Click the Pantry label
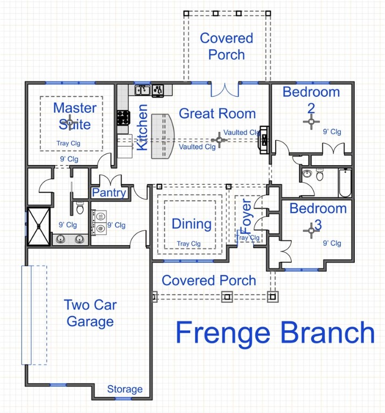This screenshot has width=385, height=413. coord(109,193)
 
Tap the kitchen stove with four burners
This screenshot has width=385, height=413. coord(123,117)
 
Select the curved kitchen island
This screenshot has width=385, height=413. coord(163,136)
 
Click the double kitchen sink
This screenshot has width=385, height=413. coord(143,90)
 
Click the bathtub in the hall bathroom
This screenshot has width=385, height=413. coord(345,183)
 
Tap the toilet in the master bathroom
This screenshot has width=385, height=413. coord(80,207)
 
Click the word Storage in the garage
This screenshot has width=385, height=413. coord(125,389)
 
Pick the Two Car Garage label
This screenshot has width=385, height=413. coord(90,313)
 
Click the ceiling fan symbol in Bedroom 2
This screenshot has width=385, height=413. coord(311,122)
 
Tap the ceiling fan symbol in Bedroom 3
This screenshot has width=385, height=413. coord(311,230)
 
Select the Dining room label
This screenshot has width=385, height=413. coord(191,224)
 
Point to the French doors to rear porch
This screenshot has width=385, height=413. coord(225,89)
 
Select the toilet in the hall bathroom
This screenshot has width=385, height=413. coord(320,175)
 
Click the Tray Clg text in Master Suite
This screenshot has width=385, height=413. coord(68,144)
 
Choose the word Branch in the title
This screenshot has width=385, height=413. coord(326,333)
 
